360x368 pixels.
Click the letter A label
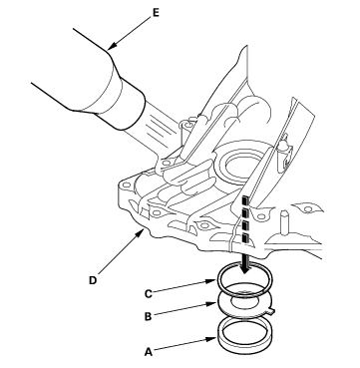[149, 352]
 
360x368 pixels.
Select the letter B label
[149, 317]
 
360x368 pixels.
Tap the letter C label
[149, 294]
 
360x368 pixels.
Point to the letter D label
[93, 280]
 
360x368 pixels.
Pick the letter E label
[156, 13]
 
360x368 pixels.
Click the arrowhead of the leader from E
[112, 47]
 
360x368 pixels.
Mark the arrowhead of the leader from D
[141, 233]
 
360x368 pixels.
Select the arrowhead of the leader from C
[213, 281]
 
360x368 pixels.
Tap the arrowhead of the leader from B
[213, 303]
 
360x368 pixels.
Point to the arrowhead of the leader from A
[213, 339]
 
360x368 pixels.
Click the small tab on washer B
[271, 311]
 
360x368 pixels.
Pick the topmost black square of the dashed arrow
[244, 200]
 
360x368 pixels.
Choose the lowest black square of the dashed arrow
[245, 236]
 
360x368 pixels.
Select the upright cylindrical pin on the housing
[284, 222]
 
